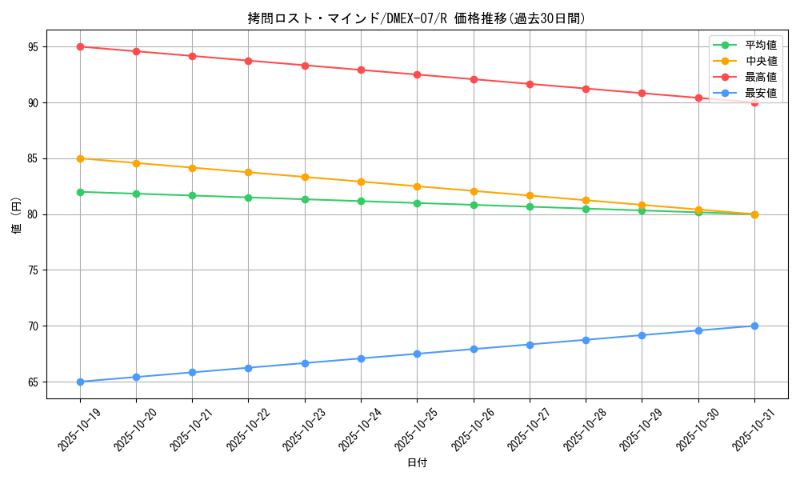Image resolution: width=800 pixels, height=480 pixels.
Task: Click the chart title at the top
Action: click(416, 18)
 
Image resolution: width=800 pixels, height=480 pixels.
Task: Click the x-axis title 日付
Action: click(417, 463)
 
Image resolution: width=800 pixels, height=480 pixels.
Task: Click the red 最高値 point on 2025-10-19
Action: click(80, 46)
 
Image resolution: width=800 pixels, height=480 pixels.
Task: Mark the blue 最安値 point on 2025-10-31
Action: click(754, 326)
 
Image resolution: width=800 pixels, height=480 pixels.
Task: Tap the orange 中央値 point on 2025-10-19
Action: click(80, 158)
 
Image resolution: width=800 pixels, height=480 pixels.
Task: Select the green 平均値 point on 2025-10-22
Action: click(249, 198)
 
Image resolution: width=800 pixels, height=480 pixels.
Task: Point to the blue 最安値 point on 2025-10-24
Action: click(361, 358)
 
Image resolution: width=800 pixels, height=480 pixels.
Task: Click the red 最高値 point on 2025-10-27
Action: click(530, 84)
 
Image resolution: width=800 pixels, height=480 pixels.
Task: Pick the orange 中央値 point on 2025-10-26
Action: click(474, 191)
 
